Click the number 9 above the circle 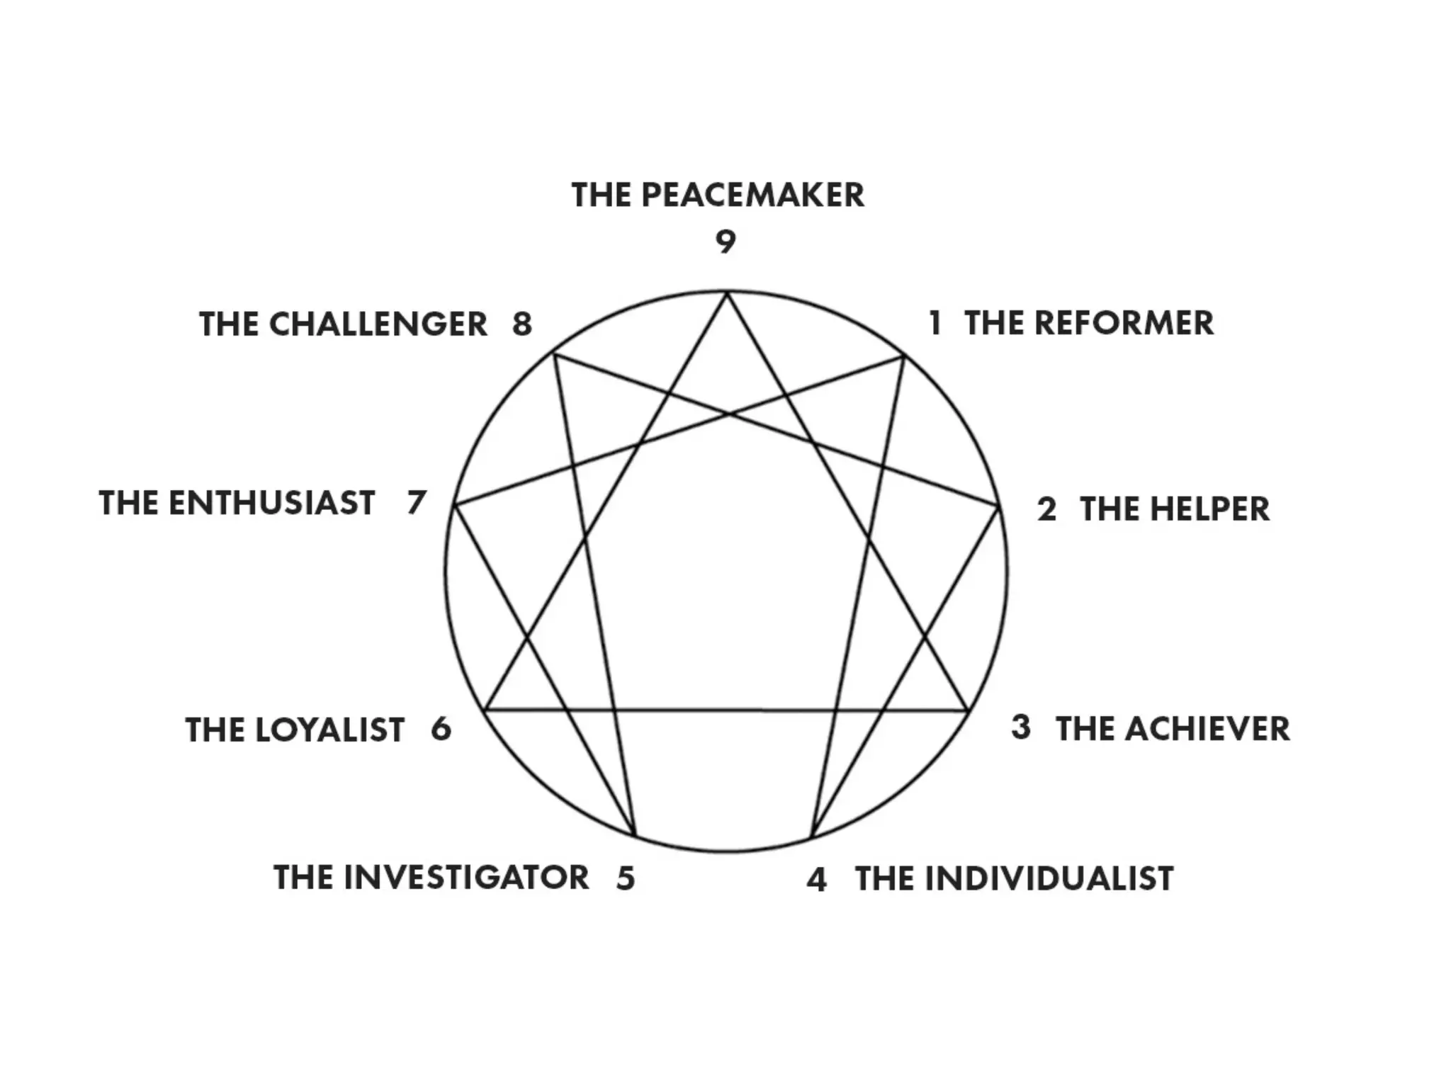tap(725, 242)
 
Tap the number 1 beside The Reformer tap(935, 323)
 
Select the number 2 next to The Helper tap(1046, 510)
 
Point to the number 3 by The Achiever tap(1021, 727)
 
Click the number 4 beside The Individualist tap(817, 880)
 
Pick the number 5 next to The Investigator tap(626, 878)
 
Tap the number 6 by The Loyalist tap(441, 730)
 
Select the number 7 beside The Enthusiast tap(417, 503)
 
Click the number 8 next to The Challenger tap(522, 324)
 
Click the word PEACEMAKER tap(752, 195)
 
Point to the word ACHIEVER tap(1207, 729)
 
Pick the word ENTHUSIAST tap(271, 504)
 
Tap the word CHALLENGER tap(378, 324)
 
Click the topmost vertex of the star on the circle tap(726, 293)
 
